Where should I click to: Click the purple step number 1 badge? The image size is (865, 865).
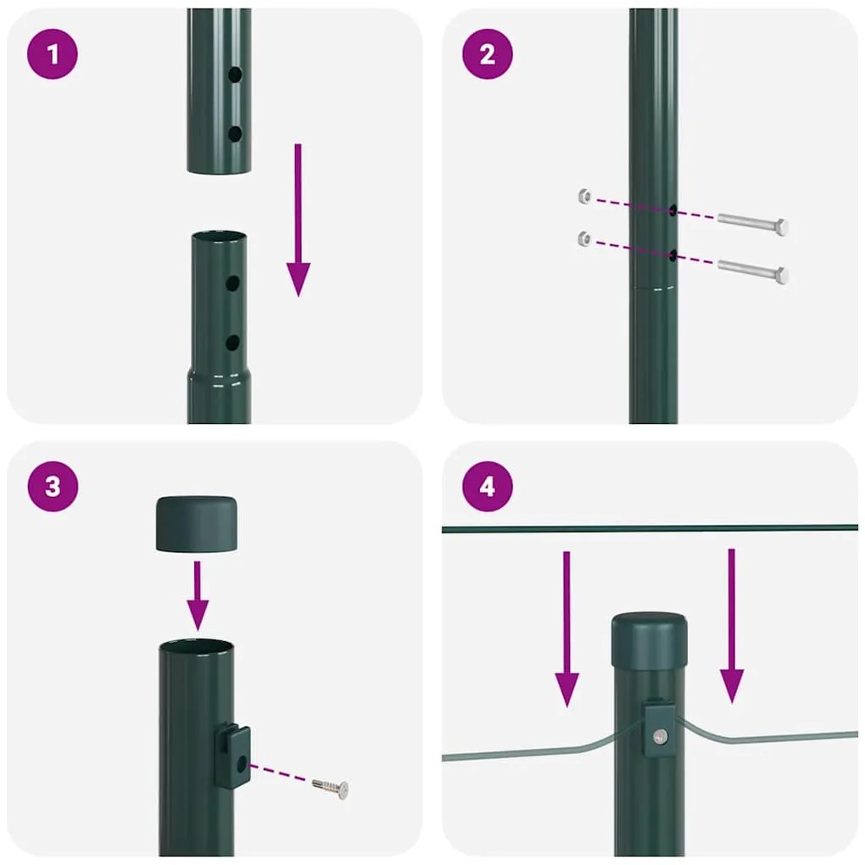(53, 54)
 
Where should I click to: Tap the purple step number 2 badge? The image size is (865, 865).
(487, 54)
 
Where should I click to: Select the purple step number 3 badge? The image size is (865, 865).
(53, 487)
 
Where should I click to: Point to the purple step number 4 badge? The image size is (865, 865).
(487, 487)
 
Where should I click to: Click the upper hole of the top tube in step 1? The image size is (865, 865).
(234, 75)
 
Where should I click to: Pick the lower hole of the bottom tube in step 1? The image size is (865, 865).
(232, 343)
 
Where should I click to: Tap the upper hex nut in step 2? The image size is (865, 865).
(583, 196)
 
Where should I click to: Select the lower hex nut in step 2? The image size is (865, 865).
(583, 238)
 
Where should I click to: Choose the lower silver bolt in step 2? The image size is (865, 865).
(753, 271)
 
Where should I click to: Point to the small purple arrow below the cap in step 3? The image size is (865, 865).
(198, 594)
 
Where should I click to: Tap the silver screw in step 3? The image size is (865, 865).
(331, 788)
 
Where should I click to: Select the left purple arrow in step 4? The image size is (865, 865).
(566, 628)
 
